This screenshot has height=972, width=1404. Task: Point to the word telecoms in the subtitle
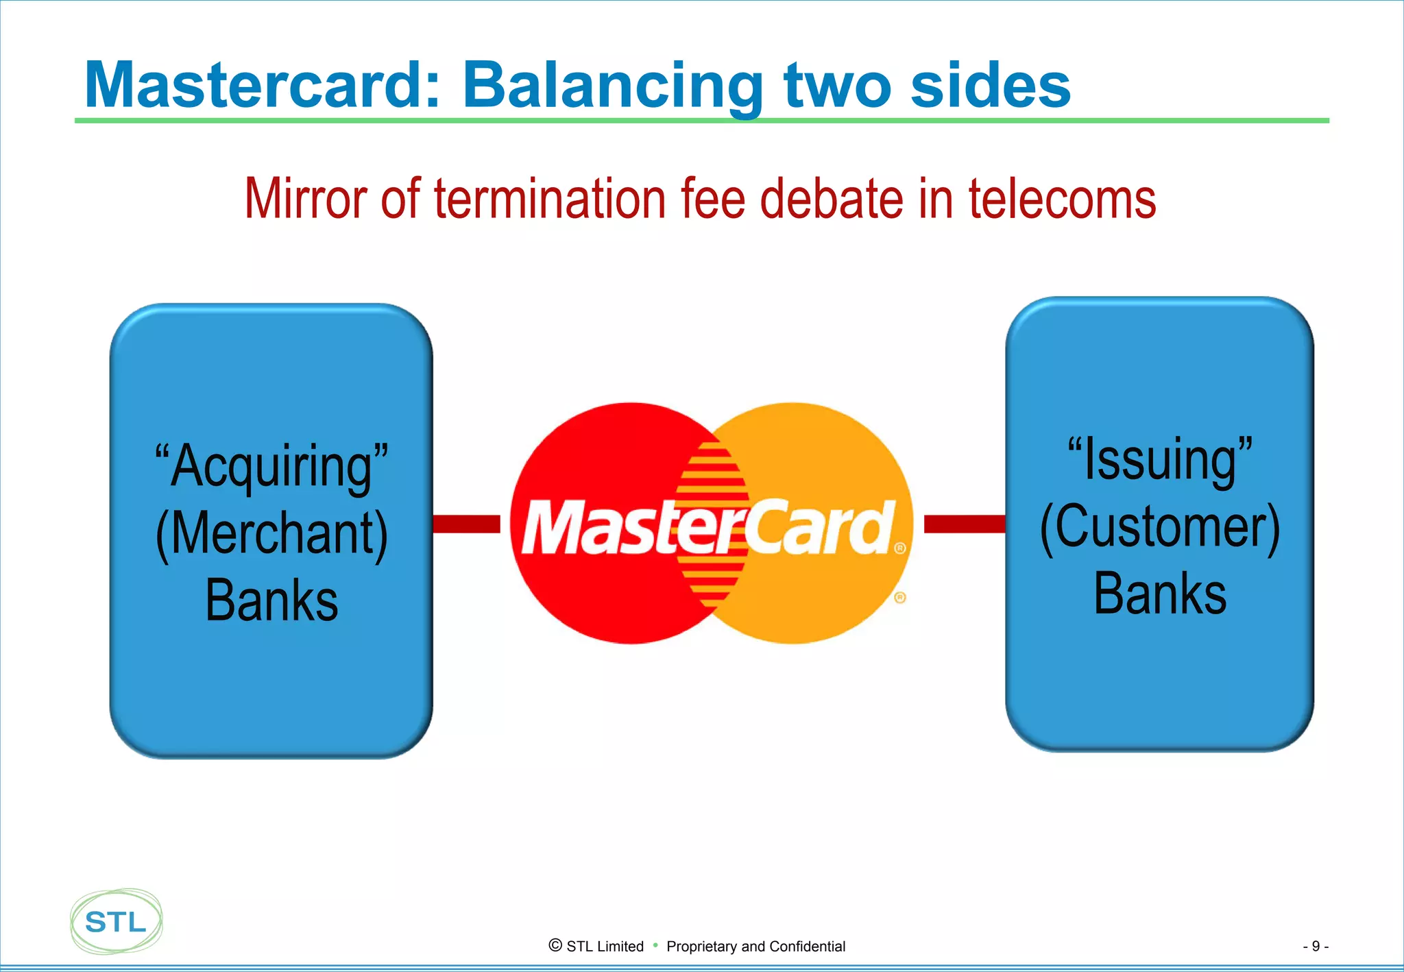pos(1062,199)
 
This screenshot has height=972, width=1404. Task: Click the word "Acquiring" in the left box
pos(271,466)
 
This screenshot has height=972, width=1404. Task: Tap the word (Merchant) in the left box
pos(271,533)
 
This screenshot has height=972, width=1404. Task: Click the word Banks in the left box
pos(271,600)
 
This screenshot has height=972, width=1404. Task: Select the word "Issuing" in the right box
pos(1160,459)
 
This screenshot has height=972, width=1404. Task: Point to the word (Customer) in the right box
pos(1160,526)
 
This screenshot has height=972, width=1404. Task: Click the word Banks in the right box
pos(1160,594)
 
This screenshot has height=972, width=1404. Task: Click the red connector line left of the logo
pos(467,524)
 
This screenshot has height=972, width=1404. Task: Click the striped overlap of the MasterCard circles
pos(712,466)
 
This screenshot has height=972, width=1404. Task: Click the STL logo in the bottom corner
pos(117,921)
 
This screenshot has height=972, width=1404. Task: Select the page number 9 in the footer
pos(1315,946)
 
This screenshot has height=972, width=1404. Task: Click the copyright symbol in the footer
pos(555,945)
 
